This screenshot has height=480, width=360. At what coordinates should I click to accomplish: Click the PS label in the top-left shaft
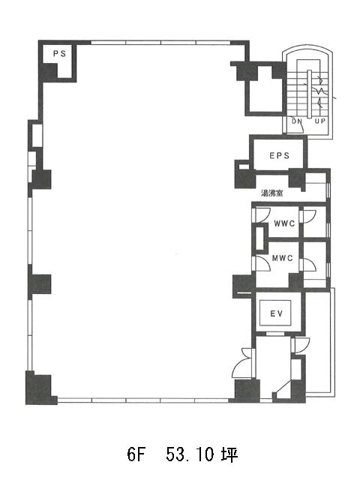click(59, 54)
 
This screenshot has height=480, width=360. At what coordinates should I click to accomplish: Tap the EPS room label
click(279, 155)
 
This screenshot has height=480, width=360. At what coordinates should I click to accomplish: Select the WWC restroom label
click(284, 223)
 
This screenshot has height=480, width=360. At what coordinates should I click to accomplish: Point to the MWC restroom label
click(282, 258)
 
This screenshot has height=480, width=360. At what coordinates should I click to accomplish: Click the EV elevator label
click(276, 313)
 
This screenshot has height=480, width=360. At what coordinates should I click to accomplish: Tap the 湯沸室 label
click(271, 193)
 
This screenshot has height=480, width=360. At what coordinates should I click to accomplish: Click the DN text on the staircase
click(296, 121)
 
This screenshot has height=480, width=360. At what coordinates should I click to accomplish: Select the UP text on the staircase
click(320, 121)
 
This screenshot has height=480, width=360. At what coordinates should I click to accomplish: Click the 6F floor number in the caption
click(136, 455)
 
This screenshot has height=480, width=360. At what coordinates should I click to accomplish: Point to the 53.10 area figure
click(190, 455)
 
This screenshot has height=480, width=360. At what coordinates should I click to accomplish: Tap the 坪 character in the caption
click(229, 455)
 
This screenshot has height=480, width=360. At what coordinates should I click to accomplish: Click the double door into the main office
click(242, 363)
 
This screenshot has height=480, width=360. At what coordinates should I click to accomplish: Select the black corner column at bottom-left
click(39, 388)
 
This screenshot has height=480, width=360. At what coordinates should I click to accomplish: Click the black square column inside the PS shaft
click(49, 72)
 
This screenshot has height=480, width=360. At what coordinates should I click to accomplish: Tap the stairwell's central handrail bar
click(309, 94)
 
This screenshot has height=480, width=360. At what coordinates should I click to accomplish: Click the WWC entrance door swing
click(262, 214)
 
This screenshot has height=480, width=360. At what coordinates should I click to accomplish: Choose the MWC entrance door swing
click(262, 262)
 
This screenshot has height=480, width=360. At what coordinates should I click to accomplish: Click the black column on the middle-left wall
click(40, 283)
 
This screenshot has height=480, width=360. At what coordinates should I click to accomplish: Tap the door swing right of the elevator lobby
click(301, 345)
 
